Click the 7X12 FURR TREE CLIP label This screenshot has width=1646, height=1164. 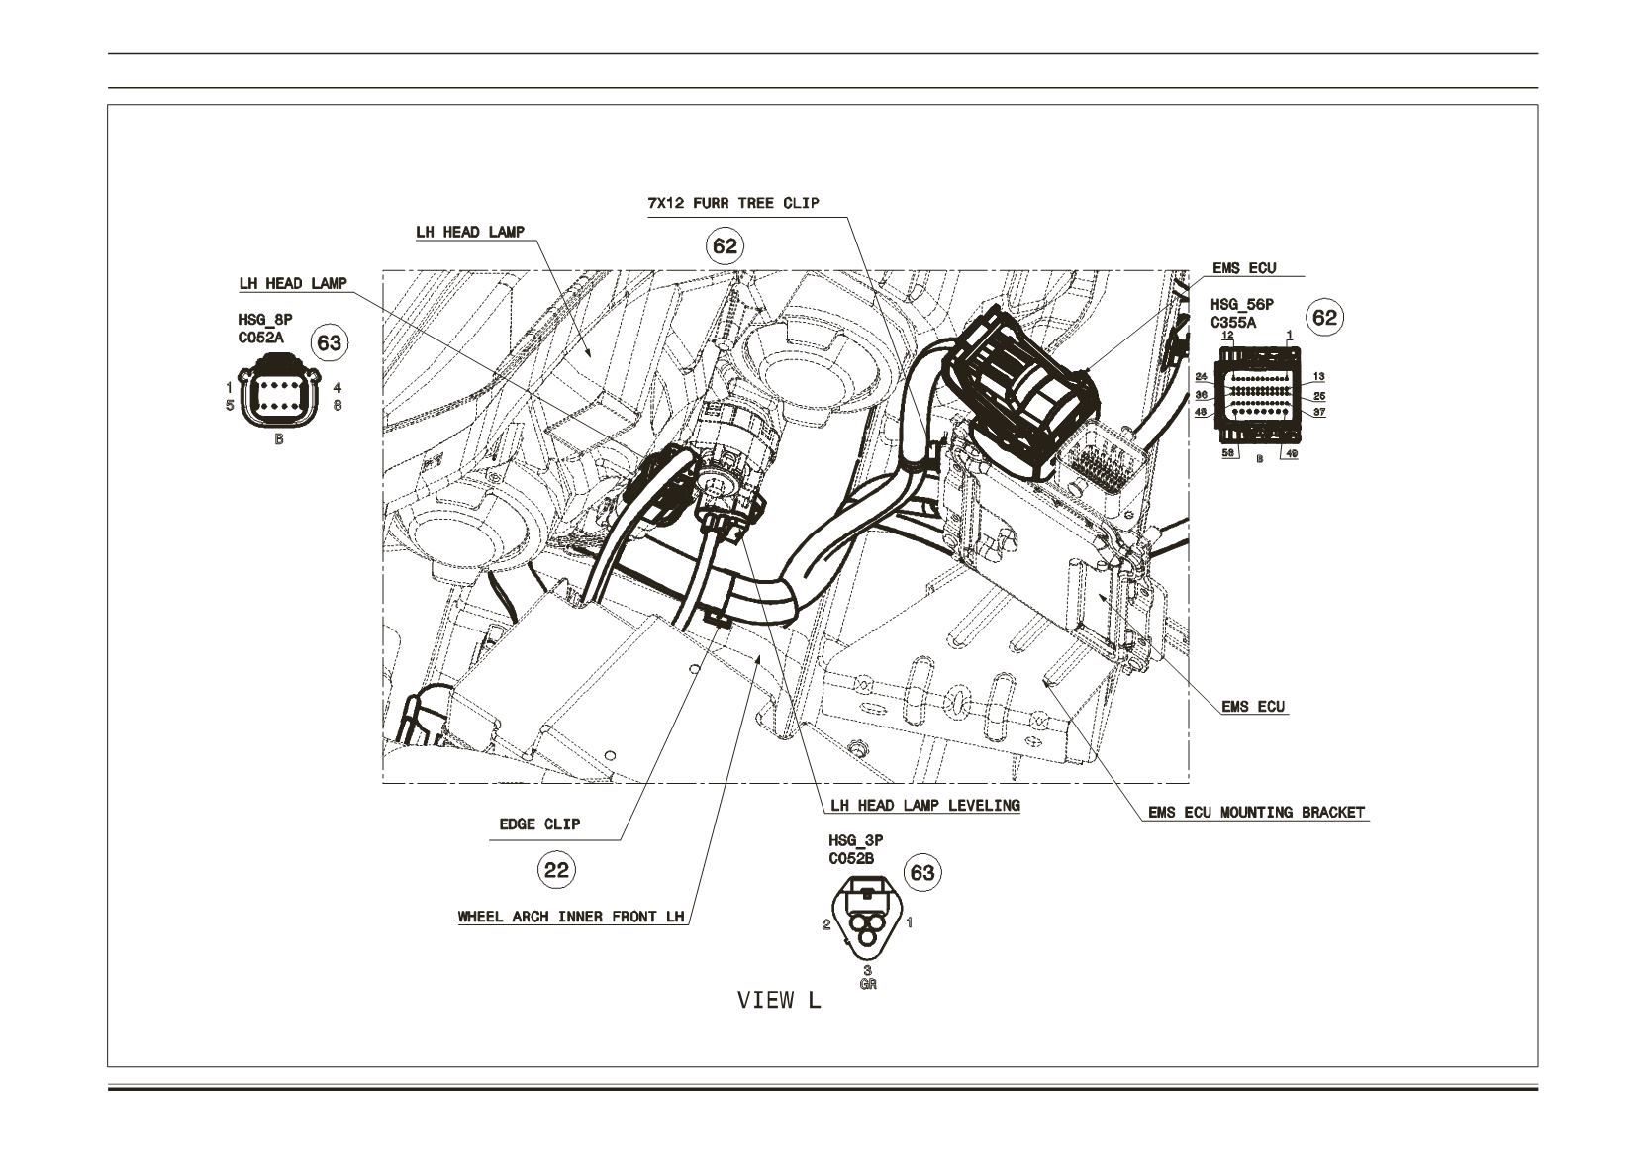pos(733,204)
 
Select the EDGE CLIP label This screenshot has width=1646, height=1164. pos(539,824)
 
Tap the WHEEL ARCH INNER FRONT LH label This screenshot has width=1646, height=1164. pos(571,917)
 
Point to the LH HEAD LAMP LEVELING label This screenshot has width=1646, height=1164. pos(925,806)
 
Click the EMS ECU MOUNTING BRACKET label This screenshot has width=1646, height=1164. pos(1257,812)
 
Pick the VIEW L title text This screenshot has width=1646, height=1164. pos(779,1000)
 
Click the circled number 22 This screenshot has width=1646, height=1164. pos(556,871)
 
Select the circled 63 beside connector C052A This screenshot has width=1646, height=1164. pos(330,343)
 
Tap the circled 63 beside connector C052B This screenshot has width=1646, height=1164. pos(922,873)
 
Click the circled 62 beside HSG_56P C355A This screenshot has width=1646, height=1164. pos(1324,318)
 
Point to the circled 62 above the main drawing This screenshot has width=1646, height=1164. pos(725,245)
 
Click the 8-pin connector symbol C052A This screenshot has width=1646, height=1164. pos(279,392)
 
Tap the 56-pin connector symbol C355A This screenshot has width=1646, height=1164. pos(1259,395)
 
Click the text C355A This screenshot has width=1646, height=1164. pos(1234,323)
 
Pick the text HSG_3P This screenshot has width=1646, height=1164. pos(855,840)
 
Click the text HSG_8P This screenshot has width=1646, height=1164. pos(264,320)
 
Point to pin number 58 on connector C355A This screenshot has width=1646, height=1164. pos(1228,453)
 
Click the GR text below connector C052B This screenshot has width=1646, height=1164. pos(868,984)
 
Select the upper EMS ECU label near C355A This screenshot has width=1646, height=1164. pos(1244,268)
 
